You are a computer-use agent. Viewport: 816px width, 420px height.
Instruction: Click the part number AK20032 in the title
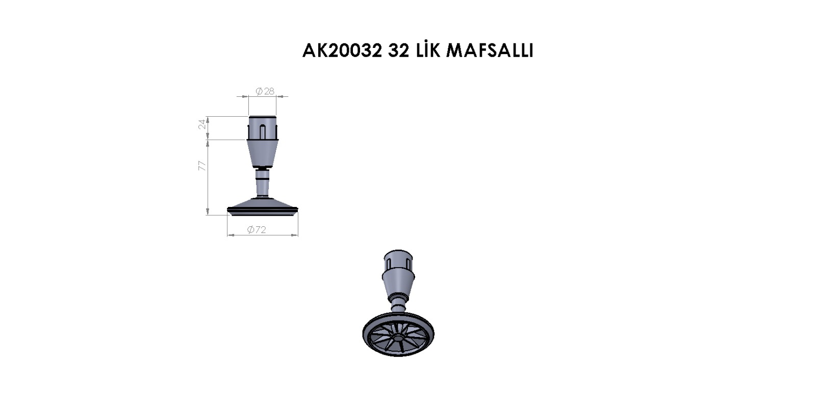coord(342,51)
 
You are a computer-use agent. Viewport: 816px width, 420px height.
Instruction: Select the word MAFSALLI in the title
coord(490,51)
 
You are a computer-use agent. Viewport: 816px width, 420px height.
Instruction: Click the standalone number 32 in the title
coord(398,51)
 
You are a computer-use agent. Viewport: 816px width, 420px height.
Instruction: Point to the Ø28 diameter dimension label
coord(265,91)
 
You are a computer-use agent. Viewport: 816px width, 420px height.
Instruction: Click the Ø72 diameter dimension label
coord(257,230)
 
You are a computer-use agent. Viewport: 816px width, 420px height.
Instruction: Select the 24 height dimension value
coord(202,124)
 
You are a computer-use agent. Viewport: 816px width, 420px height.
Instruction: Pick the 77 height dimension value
coord(202,166)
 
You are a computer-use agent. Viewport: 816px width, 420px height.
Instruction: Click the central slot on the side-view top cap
coord(262,132)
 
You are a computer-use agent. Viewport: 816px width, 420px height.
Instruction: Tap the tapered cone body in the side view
coord(262,153)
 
